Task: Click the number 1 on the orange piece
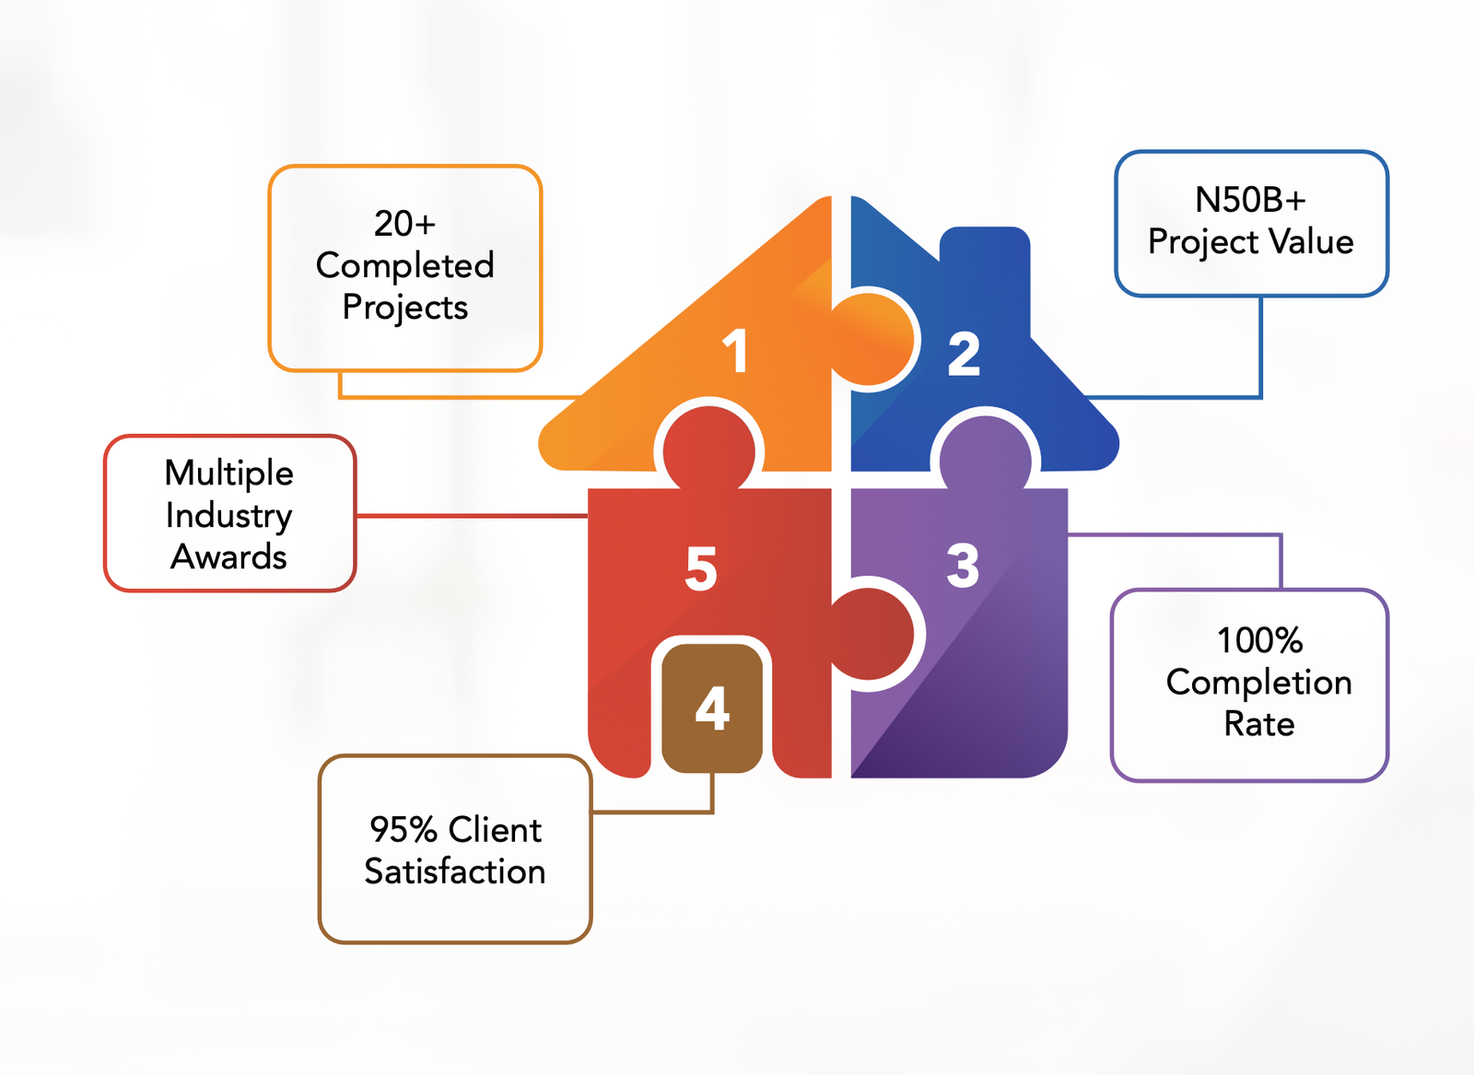[x=735, y=351]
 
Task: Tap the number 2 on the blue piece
[x=964, y=354]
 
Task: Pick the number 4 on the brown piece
[x=712, y=707]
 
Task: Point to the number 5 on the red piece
[x=701, y=567]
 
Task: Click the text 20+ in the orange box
[x=404, y=224]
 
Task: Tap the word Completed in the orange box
[x=404, y=265]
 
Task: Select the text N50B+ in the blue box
[x=1250, y=200]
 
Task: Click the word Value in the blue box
[x=1311, y=241]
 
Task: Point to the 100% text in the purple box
[x=1259, y=640]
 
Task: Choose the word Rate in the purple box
[x=1258, y=724]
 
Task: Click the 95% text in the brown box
[x=403, y=830]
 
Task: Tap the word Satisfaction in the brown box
[x=455, y=871]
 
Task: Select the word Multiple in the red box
[x=229, y=473]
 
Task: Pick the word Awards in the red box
[x=229, y=557]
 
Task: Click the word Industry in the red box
[x=229, y=516]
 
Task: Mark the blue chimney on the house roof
[x=984, y=267]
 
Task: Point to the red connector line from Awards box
[x=470, y=516]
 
